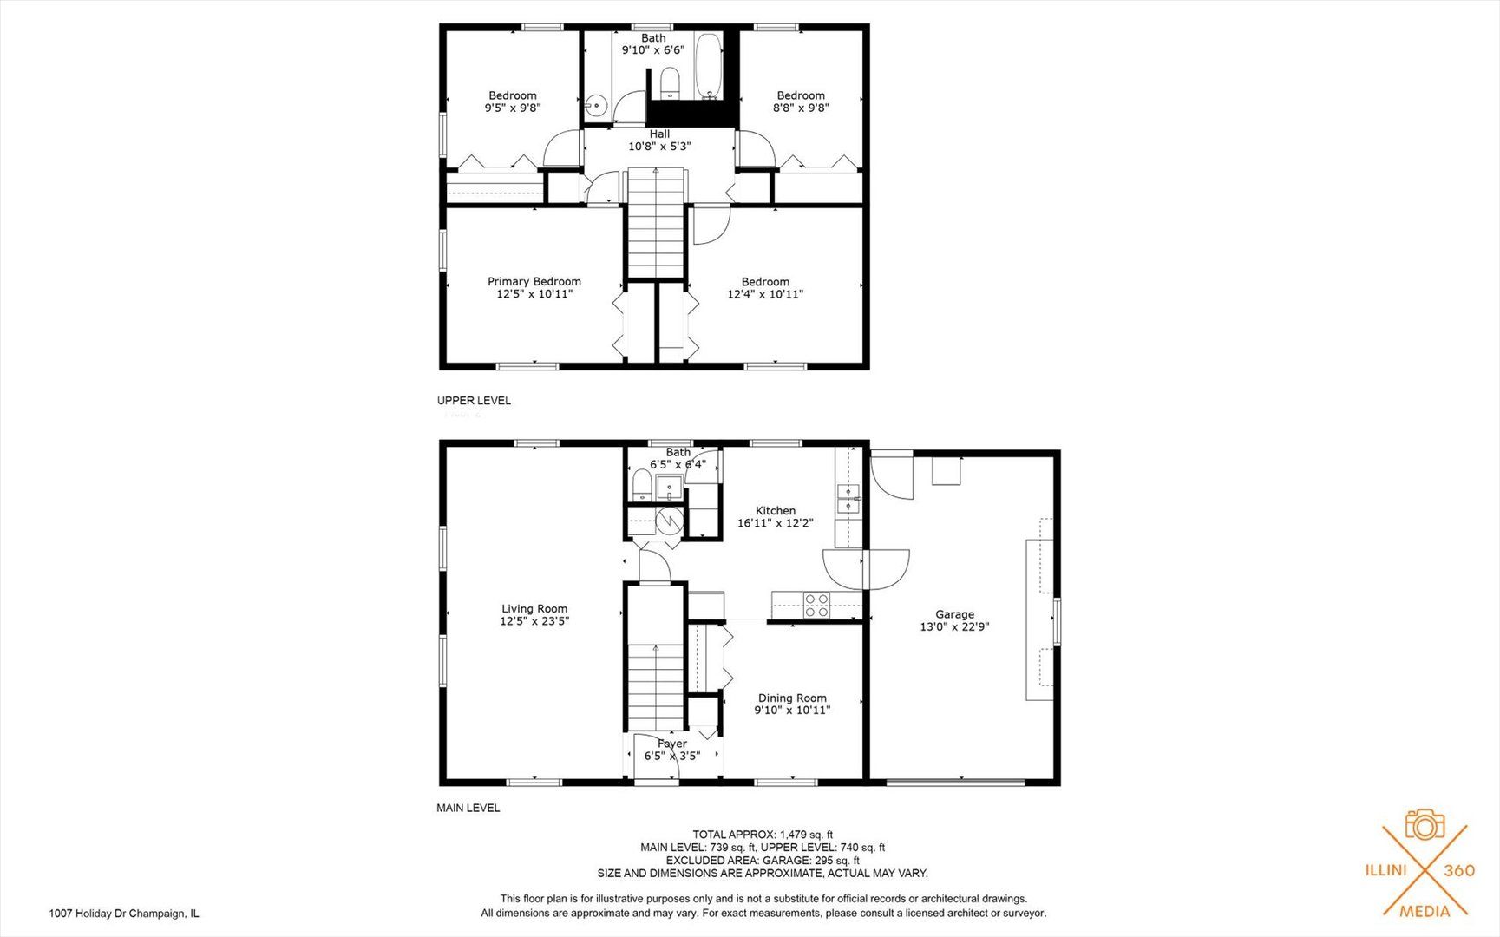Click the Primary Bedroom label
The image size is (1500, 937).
[534, 281]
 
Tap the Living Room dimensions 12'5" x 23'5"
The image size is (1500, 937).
[534, 621]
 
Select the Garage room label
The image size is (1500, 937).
[954, 614]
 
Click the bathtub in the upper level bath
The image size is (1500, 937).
[708, 66]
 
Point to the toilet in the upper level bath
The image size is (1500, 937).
[669, 82]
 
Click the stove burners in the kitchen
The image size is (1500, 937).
[816, 605]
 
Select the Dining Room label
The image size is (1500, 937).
[792, 698]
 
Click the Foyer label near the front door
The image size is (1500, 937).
[671, 744]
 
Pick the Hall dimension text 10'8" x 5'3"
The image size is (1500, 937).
[659, 147]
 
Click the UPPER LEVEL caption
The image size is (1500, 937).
[474, 401]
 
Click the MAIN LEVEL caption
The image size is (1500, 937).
[468, 808]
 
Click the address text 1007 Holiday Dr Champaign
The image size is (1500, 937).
[124, 914]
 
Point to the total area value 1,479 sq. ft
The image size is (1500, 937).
[806, 835]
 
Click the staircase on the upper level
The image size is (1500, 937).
[657, 224]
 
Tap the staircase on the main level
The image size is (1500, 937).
[657, 685]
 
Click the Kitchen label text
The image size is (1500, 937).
[775, 511]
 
